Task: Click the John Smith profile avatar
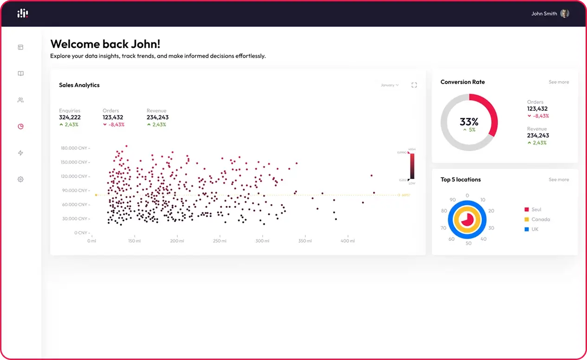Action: coord(564,13)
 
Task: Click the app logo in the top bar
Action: coord(23,13)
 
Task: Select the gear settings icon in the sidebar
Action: coord(20,179)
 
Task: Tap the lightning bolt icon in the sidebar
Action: coord(20,153)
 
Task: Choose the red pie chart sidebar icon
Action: coord(20,126)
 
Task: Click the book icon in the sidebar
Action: coord(20,73)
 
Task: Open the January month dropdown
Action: coord(389,85)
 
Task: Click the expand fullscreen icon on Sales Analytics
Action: coord(414,85)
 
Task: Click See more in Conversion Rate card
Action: coord(559,82)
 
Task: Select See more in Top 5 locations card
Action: coord(559,180)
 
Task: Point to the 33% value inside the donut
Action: coord(469,122)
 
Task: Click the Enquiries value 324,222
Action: coord(70,117)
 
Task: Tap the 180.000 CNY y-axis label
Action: coord(74,148)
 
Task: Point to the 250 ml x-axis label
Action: coord(219,241)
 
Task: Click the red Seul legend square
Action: coord(527,210)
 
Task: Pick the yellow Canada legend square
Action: coord(527,219)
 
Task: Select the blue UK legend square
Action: coord(527,229)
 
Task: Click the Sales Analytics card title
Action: coord(79,85)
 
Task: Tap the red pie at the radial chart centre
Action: coord(467,219)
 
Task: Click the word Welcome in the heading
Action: coord(74,44)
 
